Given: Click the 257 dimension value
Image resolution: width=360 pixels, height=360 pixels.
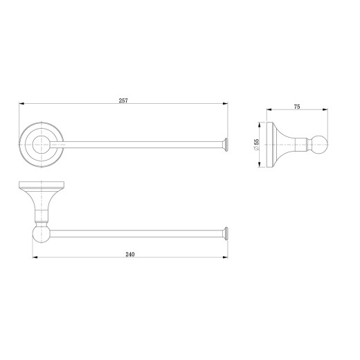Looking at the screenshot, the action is coord(123,100).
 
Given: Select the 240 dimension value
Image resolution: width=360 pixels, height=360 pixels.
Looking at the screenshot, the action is coord(130,254).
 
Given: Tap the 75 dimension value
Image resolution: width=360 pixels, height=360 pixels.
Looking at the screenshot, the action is coord(297,107).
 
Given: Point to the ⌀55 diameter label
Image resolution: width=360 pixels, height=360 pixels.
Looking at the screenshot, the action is coord(256,145).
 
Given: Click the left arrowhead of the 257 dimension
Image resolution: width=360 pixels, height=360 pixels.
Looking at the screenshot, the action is coord(21,104).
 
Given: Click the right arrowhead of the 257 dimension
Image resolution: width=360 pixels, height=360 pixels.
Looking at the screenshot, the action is coord(225,104).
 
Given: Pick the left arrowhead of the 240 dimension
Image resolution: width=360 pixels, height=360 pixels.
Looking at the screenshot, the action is coord(35,257).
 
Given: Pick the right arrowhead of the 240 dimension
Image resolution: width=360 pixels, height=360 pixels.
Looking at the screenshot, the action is coord(225,257).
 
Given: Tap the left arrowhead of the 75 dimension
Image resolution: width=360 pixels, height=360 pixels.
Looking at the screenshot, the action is coord(269,109).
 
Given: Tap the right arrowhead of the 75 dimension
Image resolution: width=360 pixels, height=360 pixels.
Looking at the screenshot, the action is coord(325,109).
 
